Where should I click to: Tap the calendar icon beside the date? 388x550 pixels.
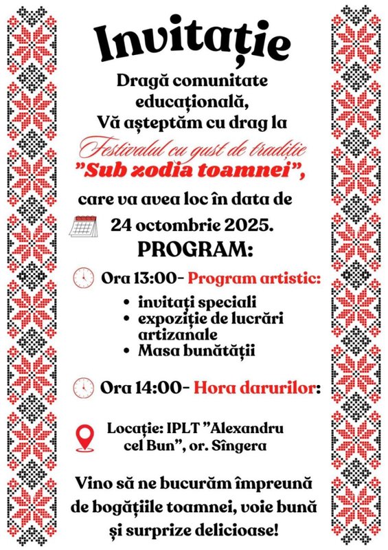point(85,225)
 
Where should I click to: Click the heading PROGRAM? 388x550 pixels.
point(194,249)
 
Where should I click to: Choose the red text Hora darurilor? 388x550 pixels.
point(258,386)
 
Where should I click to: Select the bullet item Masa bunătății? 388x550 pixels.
point(186,351)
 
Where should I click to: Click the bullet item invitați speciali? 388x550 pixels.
point(187,302)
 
